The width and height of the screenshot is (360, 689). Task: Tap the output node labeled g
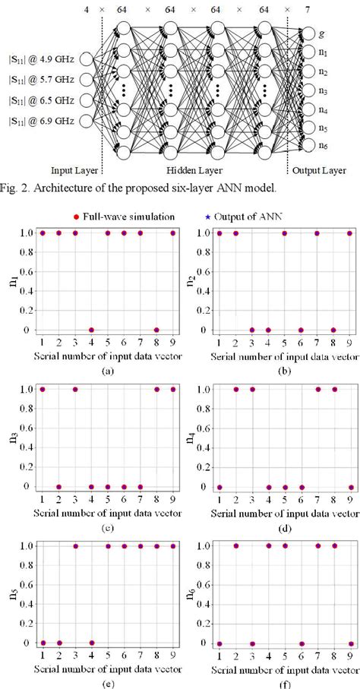point(308,35)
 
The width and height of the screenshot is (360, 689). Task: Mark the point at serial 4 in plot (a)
point(91,330)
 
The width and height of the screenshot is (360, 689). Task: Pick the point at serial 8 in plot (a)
point(156,330)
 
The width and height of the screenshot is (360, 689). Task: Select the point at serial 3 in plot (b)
point(252,330)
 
